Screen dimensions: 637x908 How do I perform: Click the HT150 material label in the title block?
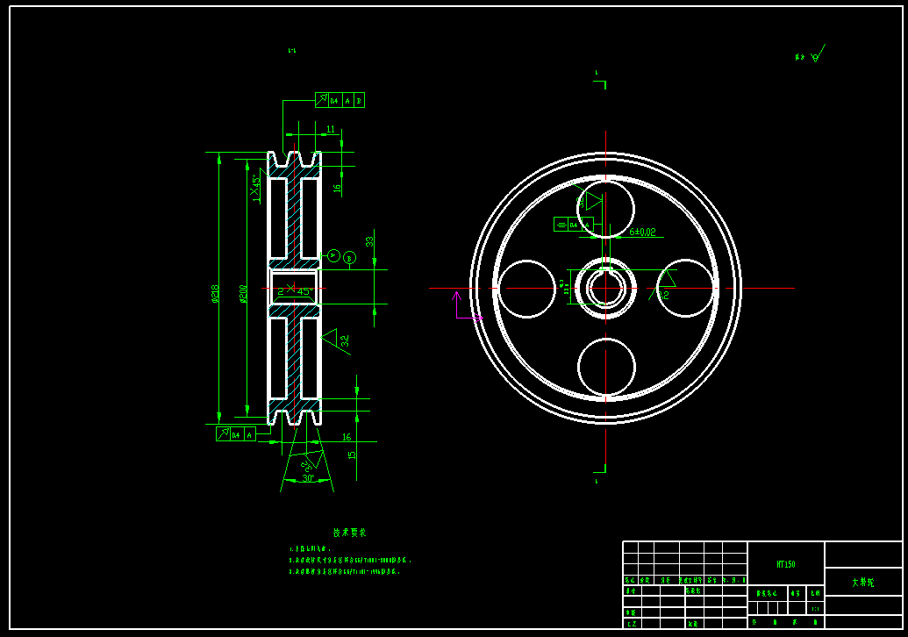tap(785, 564)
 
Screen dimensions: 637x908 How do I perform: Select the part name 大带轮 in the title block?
tap(862, 583)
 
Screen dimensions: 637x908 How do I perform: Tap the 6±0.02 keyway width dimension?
tap(642, 233)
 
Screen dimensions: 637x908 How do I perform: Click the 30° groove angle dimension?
tap(308, 479)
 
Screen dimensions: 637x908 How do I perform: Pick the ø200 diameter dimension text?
tap(244, 293)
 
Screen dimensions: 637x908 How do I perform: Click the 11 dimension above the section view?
tap(330, 129)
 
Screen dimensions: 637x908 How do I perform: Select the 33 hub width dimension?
tap(370, 241)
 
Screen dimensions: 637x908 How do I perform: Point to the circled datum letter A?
tap(333, 255)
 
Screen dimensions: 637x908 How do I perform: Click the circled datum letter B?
tap(349, 258)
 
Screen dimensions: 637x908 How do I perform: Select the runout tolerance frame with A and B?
tap(340, 101)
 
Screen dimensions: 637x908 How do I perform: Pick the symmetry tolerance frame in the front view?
tap(573, 225)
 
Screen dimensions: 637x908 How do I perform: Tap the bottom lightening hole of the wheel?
tap(605, 367)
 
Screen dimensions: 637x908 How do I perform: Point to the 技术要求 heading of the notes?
tap(349, 533)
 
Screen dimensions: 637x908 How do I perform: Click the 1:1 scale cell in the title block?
tap(815, 608)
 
